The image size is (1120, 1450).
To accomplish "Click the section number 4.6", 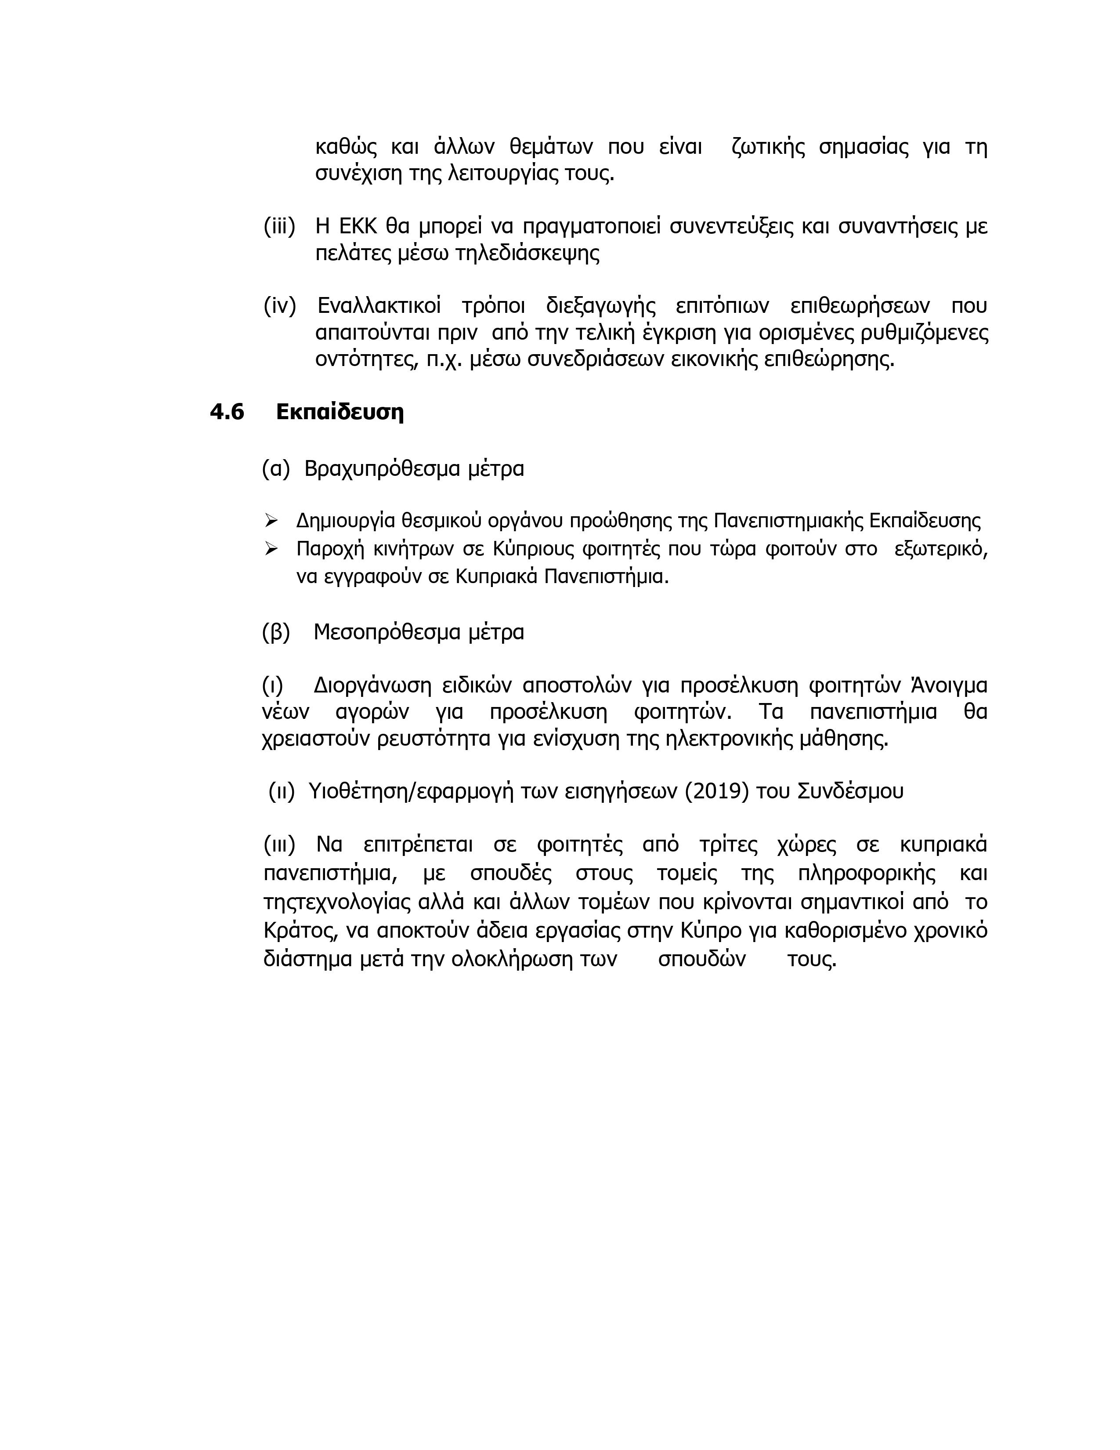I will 227,412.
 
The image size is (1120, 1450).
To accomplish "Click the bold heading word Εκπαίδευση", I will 340,412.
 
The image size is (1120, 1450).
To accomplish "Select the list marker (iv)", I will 279,306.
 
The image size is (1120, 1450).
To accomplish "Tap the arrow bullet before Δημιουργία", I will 271,520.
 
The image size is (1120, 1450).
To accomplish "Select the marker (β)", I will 276,631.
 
